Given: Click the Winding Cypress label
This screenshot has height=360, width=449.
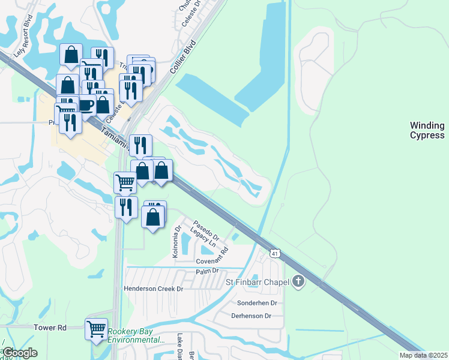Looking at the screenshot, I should click(x=427, y=130).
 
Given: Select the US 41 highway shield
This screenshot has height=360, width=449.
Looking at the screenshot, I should click(x=273, y=254).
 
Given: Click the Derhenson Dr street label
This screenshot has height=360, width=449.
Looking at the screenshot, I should click(x=252, y=316).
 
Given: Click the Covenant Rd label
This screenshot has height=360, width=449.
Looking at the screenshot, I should click(x=212, y=258).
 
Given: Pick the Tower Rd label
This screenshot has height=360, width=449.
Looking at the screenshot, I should click(x=50, y=328).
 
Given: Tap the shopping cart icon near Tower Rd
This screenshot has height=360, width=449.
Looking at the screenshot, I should click(x=96, y=328).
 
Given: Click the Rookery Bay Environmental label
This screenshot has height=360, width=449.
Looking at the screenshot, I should click(x=136, y=336).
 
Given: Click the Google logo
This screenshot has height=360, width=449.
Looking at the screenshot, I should click(x=19, y=353).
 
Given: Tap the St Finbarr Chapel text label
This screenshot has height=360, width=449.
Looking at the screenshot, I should click(x=258, y=282).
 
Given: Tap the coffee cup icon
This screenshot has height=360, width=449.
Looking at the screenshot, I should click(x=86, y=105).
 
